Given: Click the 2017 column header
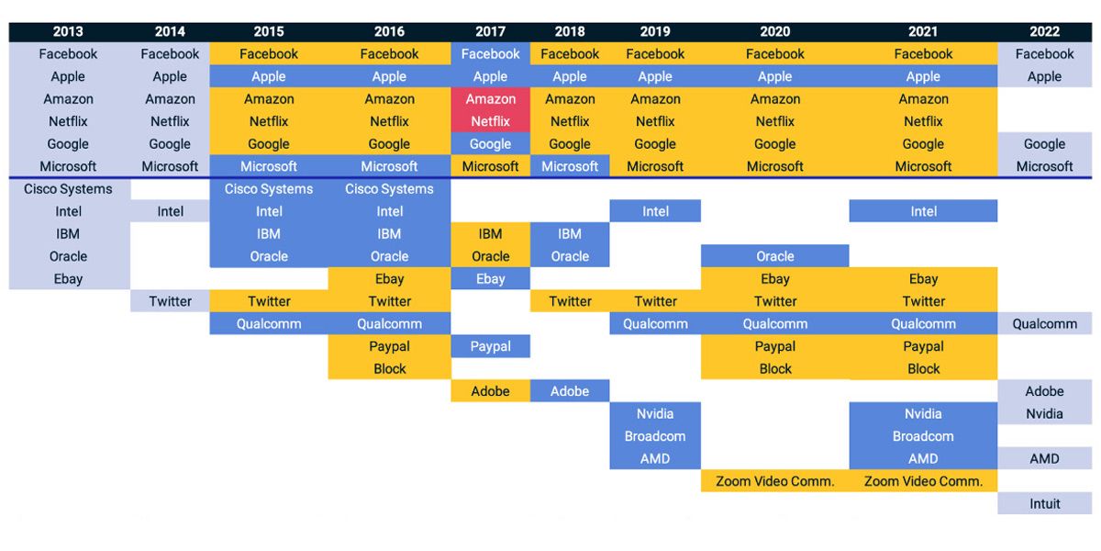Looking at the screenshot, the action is click(490, 31).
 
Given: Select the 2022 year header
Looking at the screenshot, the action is click(1044, 31).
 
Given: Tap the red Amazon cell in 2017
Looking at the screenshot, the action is click(491, 99).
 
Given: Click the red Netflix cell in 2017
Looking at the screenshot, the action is click(491, 121).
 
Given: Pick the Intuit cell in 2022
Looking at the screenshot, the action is click(1044, 503).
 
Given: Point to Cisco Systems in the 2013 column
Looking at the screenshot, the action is click(68, 189).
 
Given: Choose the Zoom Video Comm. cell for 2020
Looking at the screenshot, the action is click(775, 480).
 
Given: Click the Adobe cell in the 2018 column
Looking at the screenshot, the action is click(570, 391).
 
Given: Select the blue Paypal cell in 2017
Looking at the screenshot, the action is click(491, 346).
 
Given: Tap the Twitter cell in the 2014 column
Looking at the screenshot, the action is click(170, 301).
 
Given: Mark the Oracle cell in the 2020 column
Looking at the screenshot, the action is click(775, 256).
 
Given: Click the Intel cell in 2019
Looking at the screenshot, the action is click(655, 211).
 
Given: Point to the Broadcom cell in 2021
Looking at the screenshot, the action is click(923, 436).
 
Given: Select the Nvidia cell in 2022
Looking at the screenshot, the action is click(1044, 414).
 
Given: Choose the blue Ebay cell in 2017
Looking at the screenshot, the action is click(491, 279).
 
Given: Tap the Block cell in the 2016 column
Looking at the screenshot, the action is click(389, 369).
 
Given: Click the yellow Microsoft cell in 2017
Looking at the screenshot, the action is click(491, 166).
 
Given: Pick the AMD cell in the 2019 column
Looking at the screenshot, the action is click(655, 458).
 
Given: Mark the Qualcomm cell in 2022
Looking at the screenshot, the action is click(1044, 323).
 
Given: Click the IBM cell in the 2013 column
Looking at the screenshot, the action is click(68, 233).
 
